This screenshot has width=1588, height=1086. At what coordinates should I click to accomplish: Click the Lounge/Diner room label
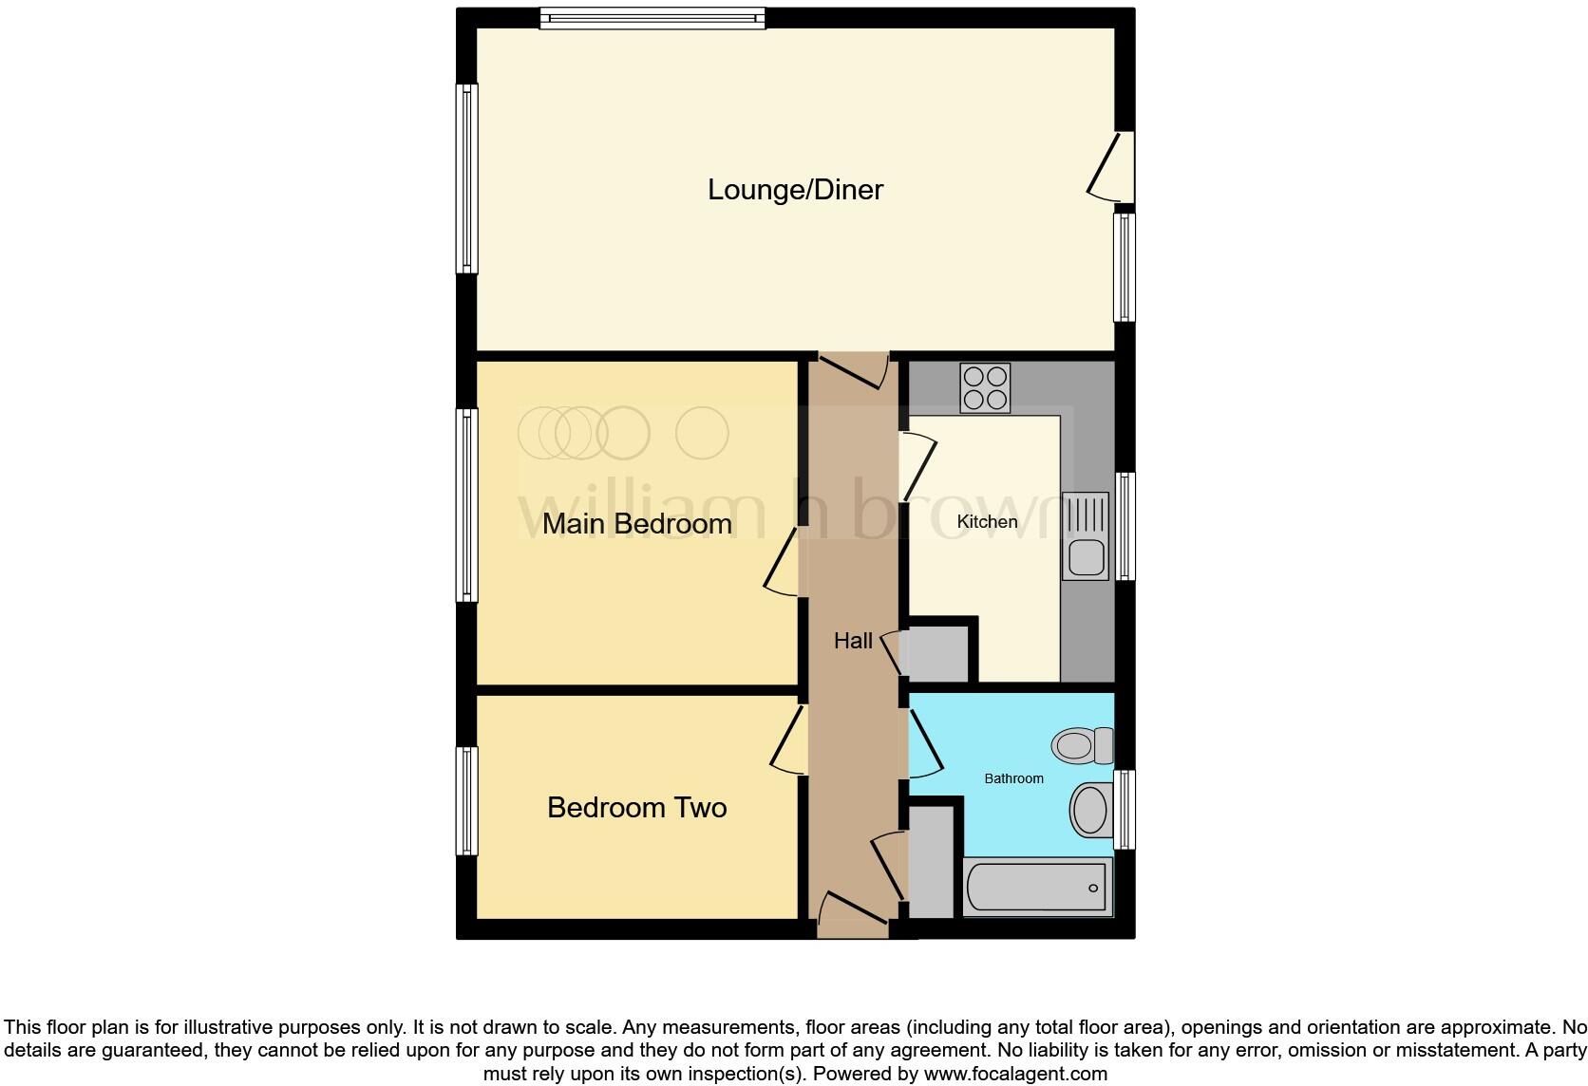(795, 190)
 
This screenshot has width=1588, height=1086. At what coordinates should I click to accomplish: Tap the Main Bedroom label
(636, 524)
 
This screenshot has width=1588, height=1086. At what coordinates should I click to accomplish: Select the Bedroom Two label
(636, 808)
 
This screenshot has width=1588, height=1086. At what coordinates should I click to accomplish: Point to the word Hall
(853, 642)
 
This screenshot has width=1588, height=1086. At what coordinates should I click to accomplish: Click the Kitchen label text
(987, 522)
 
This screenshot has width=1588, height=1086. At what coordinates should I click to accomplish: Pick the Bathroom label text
(1013, 778)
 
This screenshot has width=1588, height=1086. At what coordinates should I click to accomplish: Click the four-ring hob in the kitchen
(985, 388)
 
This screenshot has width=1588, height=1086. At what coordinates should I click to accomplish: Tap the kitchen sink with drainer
(1085, 536)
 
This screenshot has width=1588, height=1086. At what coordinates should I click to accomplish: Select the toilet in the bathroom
(1083, 745)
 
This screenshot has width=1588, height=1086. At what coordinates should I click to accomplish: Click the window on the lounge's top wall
(652, 18)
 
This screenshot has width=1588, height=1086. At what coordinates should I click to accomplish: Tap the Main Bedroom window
(466, 505)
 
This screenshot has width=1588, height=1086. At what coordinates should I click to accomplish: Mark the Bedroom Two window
(466, 800)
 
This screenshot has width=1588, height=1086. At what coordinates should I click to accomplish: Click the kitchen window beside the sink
(1125, 526)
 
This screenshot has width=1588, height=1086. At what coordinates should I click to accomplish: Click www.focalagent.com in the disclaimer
(1015, 1075)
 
